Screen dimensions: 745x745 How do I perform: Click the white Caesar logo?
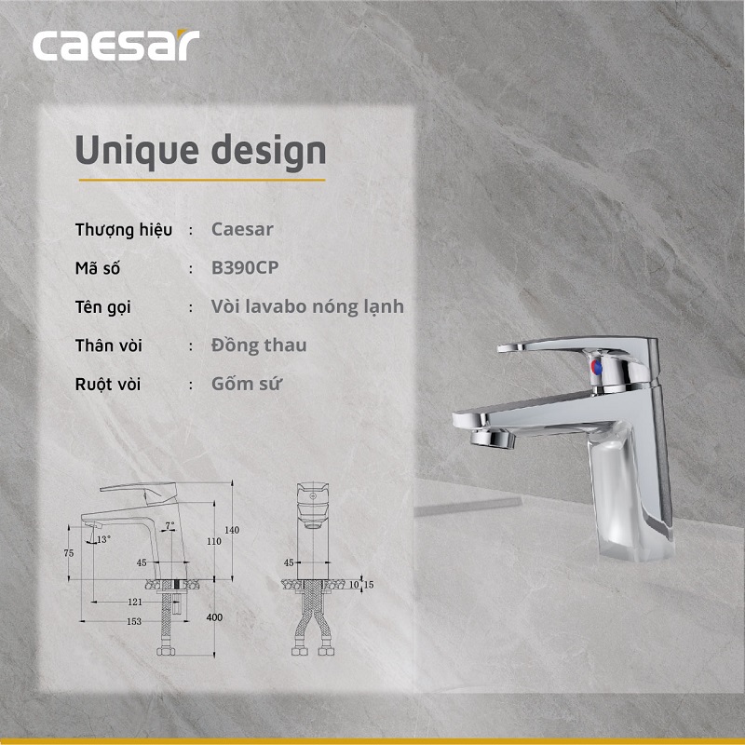click(115, 46)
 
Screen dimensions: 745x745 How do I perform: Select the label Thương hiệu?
click(123, 229)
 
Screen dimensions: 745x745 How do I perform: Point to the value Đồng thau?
click(259, 345)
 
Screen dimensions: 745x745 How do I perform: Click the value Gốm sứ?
click(247, 384)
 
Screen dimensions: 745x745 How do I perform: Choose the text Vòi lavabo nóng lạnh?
click(307, 306)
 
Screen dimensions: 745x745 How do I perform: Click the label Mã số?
click(98, 268)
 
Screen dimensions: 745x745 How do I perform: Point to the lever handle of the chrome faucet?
click(540, 347)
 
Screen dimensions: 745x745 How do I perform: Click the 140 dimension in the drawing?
click(232, 530)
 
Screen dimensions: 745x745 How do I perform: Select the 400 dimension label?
click(216, 617)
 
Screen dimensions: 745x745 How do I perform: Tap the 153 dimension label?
click(134, 621)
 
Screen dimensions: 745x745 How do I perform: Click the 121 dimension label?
click(134, 603)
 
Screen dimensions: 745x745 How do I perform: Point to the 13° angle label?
click(102, 539)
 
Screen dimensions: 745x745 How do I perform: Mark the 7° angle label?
click(169, 526)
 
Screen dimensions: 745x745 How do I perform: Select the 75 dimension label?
click(69, 553)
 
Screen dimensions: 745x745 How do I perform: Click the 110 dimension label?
click(214, 541)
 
